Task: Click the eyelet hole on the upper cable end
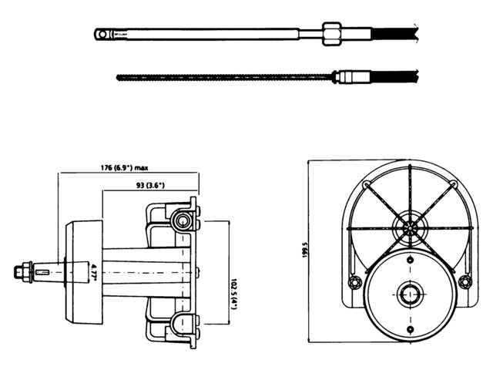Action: [101, 33]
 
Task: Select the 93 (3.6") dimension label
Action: [150, 186]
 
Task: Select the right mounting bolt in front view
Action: [464, 282]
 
